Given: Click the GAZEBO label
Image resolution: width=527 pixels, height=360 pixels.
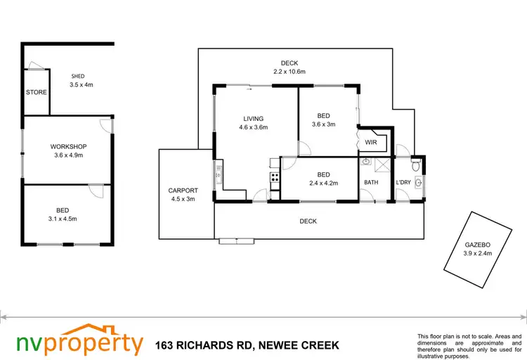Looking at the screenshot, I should pos(477,244).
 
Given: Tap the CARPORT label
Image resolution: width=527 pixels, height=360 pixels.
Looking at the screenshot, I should pos(182,191).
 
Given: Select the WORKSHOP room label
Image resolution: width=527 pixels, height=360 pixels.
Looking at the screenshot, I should pos(67,146).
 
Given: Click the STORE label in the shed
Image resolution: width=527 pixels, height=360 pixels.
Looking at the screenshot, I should pos(37,93).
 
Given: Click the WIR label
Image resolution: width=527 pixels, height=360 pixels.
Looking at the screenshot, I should pos(370,142).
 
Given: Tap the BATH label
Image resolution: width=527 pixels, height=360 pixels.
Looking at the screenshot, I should pos(370,183).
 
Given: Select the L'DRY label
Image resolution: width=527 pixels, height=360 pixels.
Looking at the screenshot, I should pos(403,183).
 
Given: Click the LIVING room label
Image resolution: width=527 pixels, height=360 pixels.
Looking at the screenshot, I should pos(253,118).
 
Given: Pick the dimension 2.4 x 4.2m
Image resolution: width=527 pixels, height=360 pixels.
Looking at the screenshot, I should pos(324,184).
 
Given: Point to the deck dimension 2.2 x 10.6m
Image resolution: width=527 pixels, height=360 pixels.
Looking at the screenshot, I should pos(289,72).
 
